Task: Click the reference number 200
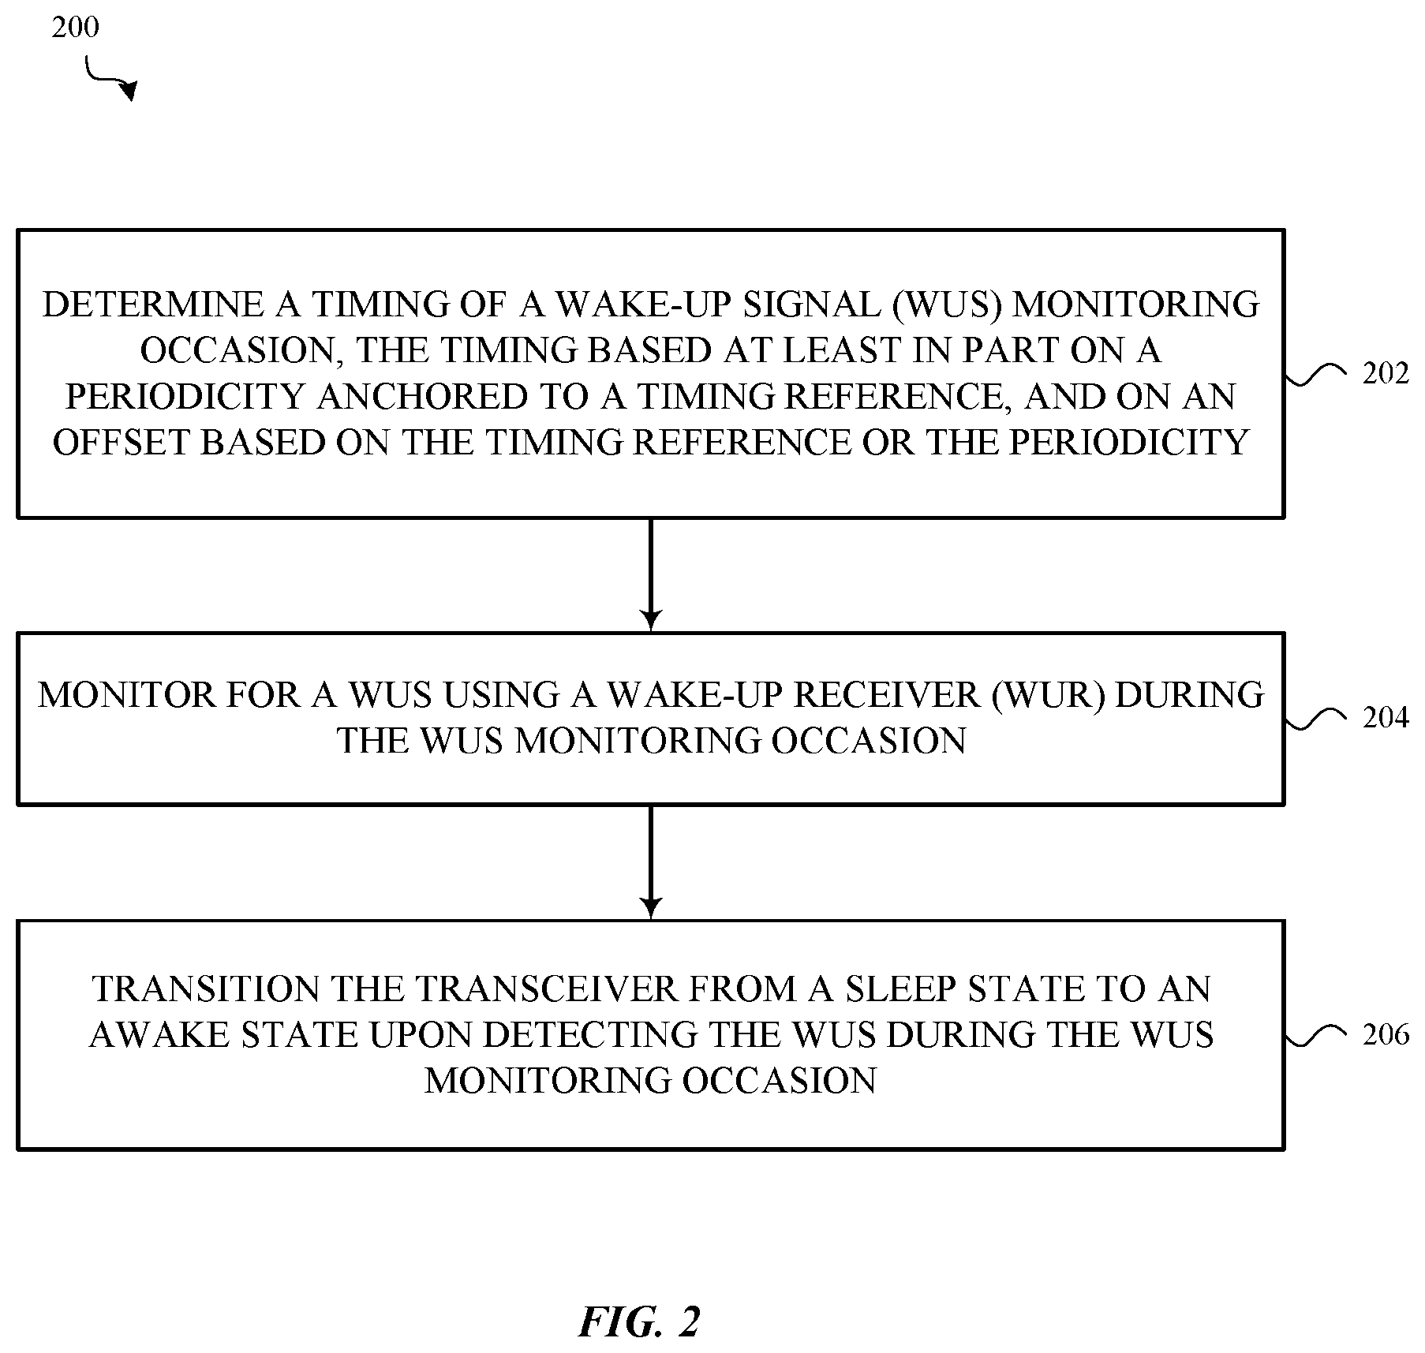[x=76, y=28]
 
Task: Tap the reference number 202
[x=1386, y=373]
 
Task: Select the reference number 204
[x=1386, y=717]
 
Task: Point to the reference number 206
[x=1386, y=1034]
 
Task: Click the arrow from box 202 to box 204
[x=650, y=574]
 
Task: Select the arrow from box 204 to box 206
[x=650, y=862]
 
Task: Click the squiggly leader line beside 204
[x=1315, y=717]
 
